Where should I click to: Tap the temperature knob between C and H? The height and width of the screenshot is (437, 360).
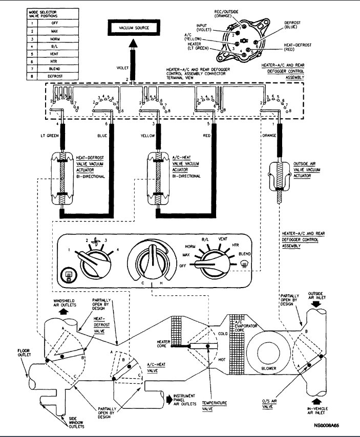[152, 258]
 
